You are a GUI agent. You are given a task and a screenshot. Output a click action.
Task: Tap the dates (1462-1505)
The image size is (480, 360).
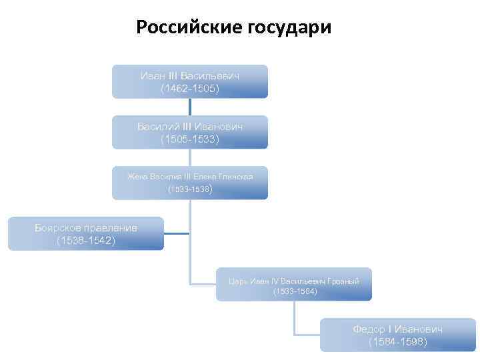189,88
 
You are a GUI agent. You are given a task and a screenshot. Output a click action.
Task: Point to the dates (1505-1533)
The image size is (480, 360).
189,139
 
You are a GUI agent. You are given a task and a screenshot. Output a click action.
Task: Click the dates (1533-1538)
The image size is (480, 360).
189,189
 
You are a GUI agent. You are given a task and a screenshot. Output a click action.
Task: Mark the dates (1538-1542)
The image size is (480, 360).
85,240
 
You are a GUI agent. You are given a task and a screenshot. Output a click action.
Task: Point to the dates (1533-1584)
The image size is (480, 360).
295,291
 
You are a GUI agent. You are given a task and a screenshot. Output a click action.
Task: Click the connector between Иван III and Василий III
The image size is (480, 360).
190,107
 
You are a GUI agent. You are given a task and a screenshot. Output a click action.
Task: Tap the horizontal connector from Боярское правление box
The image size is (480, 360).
177,233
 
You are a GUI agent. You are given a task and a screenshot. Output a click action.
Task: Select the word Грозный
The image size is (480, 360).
345,281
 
